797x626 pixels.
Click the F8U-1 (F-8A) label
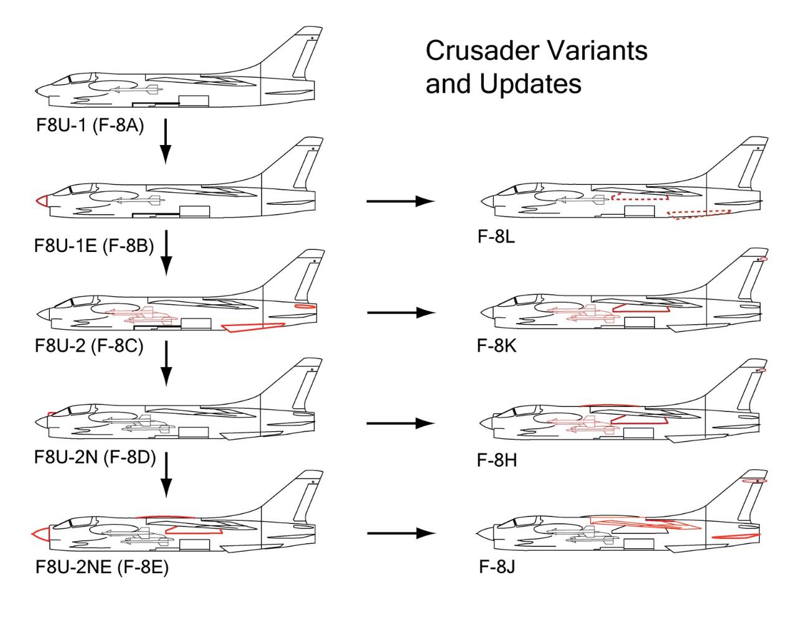pyautogui.click(x=90, y=126)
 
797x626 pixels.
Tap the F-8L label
pyautogui.click(x=496, y=236)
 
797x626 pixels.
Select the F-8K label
pyautogui.click(x=497, y=345)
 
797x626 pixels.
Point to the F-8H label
pyautogui.click(x=497, y=460)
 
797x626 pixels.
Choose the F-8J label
pyautogui.click(x=497, y=567)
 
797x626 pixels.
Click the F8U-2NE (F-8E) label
pyautogui.click(x=102, y=567)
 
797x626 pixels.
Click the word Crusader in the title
pyautogui.click(x=481, y=50)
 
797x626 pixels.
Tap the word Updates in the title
pyautogui.click(x=530, y=84)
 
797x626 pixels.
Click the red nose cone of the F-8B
pyautogui.click(x=42, y=201)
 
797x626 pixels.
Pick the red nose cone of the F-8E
pyautogui.click(x=40, y=534)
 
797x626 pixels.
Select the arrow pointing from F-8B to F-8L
pyautogui.click(x=400, y=201)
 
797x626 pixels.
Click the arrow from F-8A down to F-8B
pyautogui.click(x=166, y=141)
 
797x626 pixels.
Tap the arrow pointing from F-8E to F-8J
pyautogui.click(x=401, y=533)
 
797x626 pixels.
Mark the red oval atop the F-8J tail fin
pyautogui.click(x=754, y=481)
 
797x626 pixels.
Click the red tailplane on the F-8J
pyautogui.click(x=736, y=536)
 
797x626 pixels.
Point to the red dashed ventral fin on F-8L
pyautogui.click(x=699, y=215)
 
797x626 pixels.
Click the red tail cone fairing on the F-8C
pyautogui.click(x=305, y=306)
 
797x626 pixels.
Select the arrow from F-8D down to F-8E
pyautogui.click(x=166, y=475)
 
